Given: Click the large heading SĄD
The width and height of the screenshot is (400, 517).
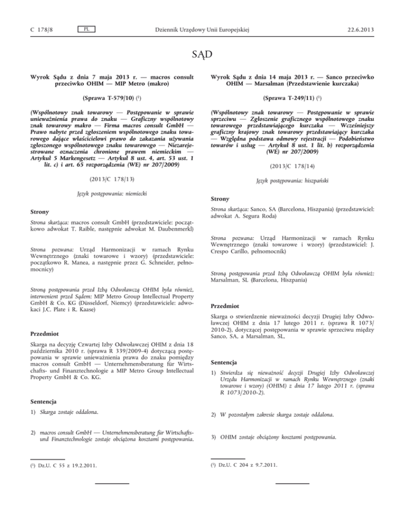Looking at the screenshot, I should (x=200, y=54).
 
